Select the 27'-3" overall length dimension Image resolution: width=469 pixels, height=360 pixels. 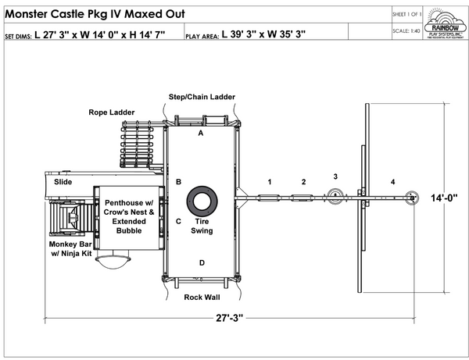point(231,318)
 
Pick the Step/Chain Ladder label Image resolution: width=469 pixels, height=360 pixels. point(202,97)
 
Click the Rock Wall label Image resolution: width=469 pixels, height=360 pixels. point(202,298)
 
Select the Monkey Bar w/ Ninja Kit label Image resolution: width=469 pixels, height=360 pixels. point(71,248)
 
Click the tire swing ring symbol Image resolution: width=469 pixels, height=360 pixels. point(202,200)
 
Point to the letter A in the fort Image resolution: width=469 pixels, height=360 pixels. point(200,134)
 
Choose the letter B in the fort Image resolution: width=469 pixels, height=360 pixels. point(178,182)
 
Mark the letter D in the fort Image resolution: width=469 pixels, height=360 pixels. point(202,262)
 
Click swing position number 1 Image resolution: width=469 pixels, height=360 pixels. point(269,181)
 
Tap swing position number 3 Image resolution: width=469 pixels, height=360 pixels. point(335,176)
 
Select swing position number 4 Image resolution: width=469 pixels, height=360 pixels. point(393,182)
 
